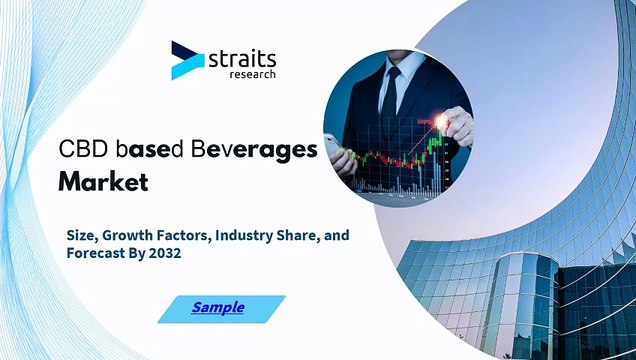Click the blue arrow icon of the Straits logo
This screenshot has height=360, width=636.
186,60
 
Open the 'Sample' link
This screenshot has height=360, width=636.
218,308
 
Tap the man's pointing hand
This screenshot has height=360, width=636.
456,120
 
